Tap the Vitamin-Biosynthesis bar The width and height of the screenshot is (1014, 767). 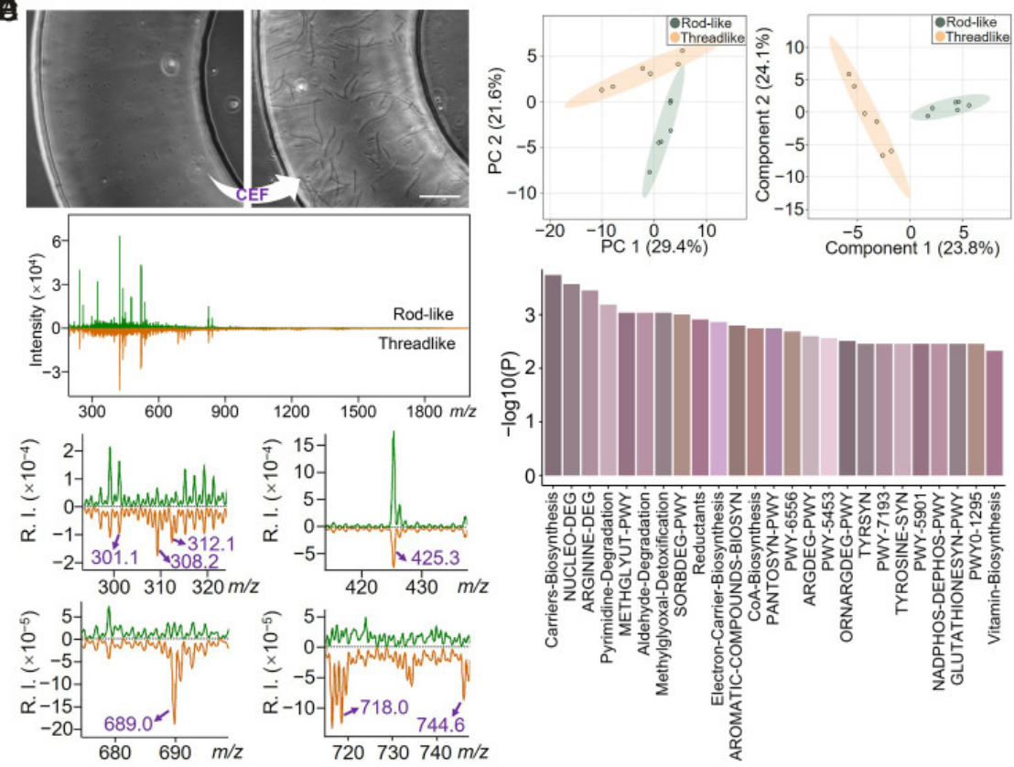pos(995,416)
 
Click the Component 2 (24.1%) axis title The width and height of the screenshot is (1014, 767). pos(766,116)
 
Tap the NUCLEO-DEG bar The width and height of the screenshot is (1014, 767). pos(571,382)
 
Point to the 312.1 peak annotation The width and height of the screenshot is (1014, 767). pos(204,544)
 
